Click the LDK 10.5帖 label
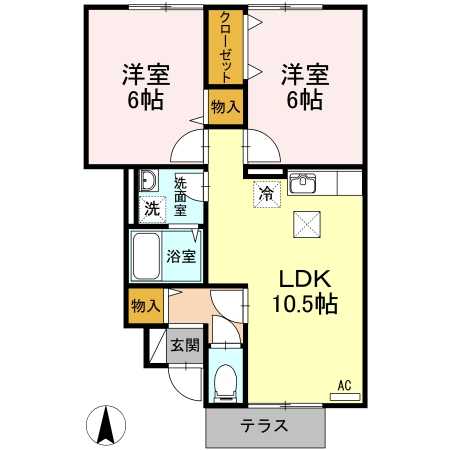pyautogui.click(x=301, y=289)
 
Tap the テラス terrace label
pyautogui.click(x=264, y=425)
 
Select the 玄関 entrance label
pyautogui.click(x=184, y=346)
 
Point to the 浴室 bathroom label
pyautogui.click(x=182, y=256)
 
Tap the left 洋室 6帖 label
pyautogui.click(x=145, y=87)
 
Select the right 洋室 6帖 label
pyautogui.click(x=303, y=87)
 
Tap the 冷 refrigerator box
pyautogui.click(x=266, y=194)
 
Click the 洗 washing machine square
pyautogui.click(x=150, y=210)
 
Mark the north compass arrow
pyautogui.click(x=106, y=427)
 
